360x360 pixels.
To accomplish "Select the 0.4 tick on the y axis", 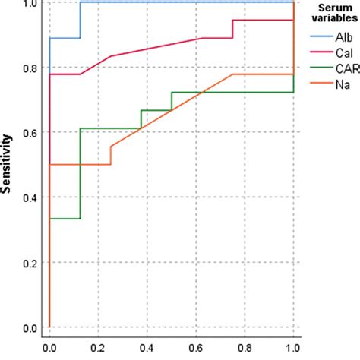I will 28,197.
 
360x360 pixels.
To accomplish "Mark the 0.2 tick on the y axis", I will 28,263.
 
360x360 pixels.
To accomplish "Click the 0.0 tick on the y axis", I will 28,327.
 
